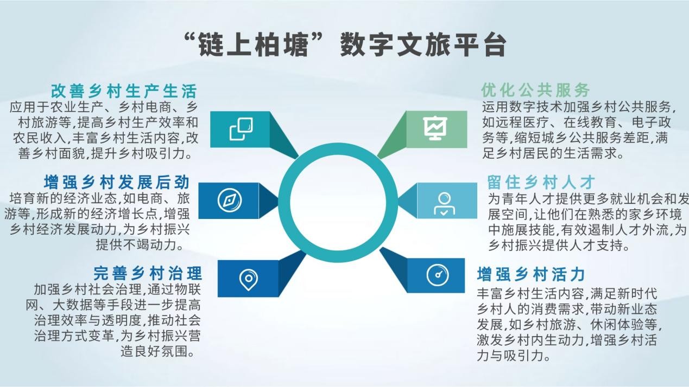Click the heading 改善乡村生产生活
[124, 91]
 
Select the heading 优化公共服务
[535, 91]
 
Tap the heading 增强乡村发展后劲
[117, 182]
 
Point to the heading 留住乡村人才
[541, 182]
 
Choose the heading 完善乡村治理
[148, 273]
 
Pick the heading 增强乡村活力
[531, 274]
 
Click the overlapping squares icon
[242, 129]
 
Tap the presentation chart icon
[435, 128]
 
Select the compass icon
[230, 201]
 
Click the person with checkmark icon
[444, 204]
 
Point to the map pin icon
[248, 280]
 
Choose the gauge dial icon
[438, 275]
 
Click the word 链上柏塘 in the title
[254, 45]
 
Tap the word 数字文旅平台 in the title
[423, 45]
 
